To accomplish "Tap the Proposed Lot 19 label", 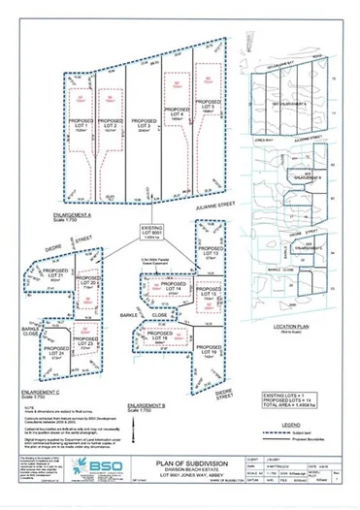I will click(204, 351).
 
